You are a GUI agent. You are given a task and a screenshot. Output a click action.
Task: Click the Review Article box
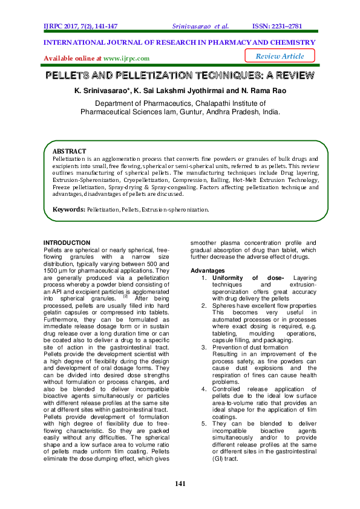click(280, 56)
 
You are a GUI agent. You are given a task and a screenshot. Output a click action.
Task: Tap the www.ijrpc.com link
click(126, 59)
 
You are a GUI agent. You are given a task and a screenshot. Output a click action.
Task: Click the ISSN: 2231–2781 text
click(286, 27)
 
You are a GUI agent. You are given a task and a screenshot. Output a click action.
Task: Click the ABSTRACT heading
click(70, 151)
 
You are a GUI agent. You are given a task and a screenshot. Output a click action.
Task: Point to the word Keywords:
click(68, 209)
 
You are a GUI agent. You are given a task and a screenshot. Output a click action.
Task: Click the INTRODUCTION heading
click(67, 242)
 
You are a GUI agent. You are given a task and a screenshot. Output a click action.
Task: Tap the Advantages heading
click(208, 270)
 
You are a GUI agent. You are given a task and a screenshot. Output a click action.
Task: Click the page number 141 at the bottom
click(180, 484)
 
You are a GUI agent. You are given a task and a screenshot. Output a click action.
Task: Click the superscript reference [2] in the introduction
click(125, 296)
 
